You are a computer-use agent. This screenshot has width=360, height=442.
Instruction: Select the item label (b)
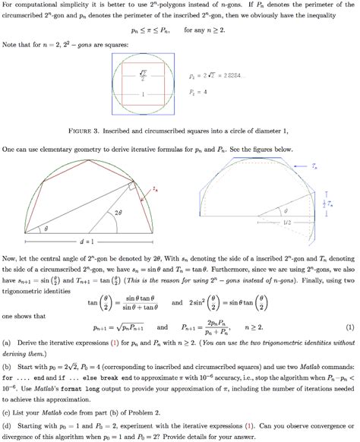[x=8, y=365]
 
